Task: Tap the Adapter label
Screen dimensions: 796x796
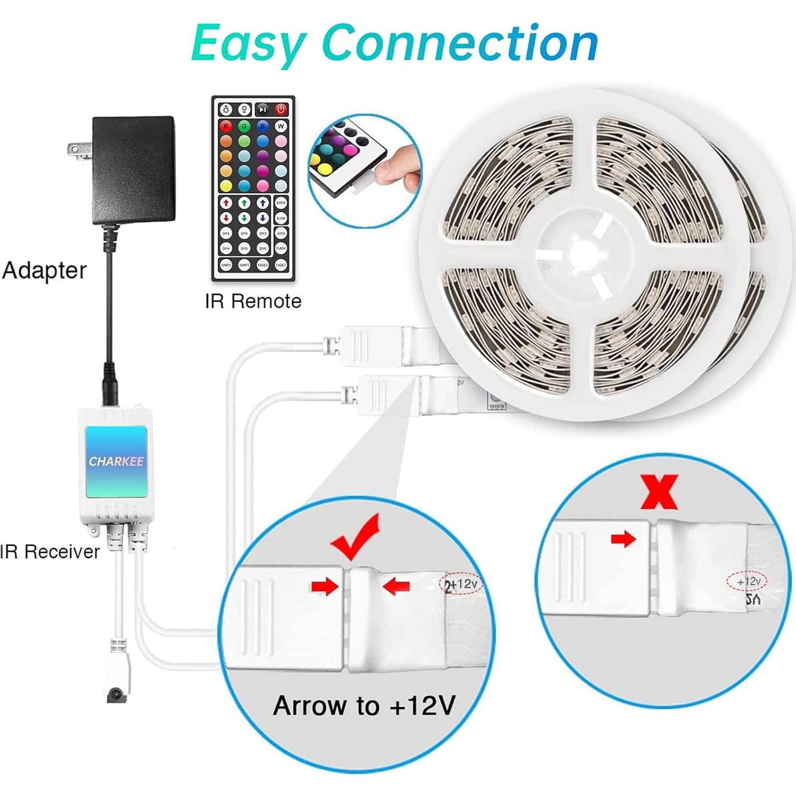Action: pyautogui.click(x=45, y=271)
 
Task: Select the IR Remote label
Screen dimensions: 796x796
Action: pyautogui.click(x=253, y=302)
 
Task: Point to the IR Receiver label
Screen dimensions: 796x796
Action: pyautogui.click(x=49, y=552)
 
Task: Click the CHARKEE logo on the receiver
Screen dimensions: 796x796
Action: pyautogui.click(x=116, y=461)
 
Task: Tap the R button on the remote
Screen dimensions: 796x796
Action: pyautogui.click(x=226, y=126)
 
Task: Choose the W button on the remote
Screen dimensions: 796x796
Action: pyautogui.click(x=281, y=126)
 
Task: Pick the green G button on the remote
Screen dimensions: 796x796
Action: pyautogui.click(x=244, y=126)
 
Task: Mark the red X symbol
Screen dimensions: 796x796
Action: pyautogui.click(x=658, y=492)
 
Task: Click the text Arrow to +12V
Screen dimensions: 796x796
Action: pyautogui.click(x=364, y=706)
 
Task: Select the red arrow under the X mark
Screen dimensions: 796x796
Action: pyautogui.click(x=623, y=540)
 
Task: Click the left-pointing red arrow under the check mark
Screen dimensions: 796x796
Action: pyautogui.click(x=396, y=587)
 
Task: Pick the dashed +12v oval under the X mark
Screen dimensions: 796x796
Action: pyautogui.click(x=746, y=581)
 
